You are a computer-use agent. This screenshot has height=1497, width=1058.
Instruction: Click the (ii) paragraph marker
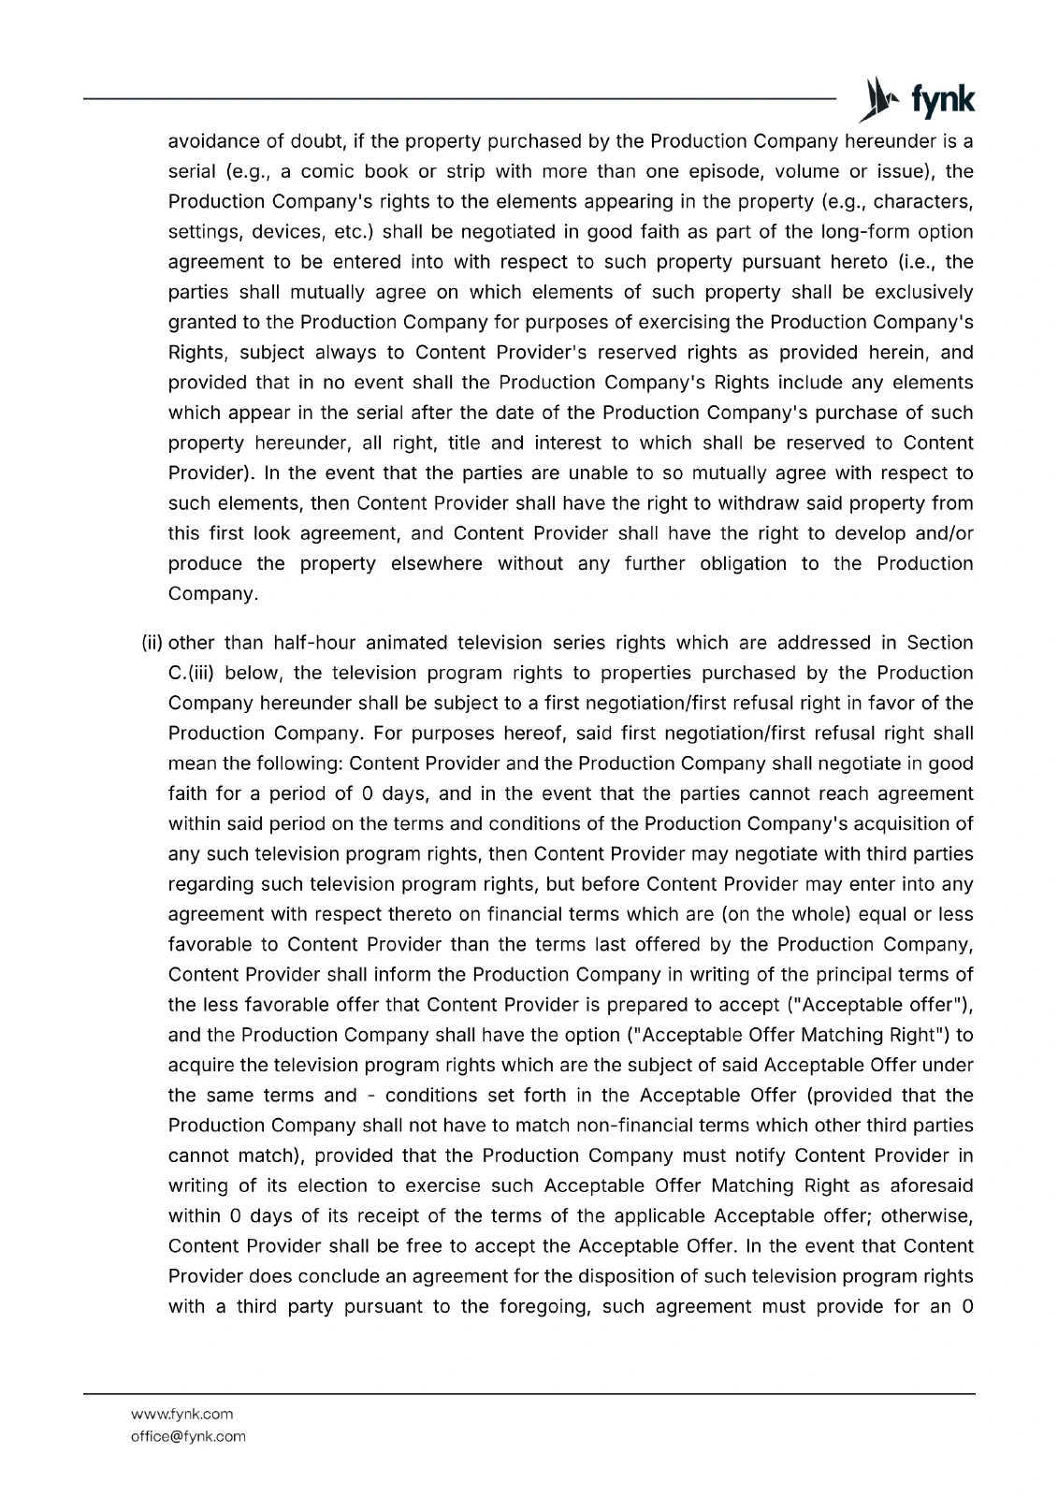152,643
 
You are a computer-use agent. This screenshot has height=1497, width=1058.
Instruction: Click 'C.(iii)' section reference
193,673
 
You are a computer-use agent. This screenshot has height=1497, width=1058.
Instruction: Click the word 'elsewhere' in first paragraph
438,563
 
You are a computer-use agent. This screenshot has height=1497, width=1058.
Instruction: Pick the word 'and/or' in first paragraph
941,533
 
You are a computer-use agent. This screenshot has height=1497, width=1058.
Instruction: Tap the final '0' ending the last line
967,1306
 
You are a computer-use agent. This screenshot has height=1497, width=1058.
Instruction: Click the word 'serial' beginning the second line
190,172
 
